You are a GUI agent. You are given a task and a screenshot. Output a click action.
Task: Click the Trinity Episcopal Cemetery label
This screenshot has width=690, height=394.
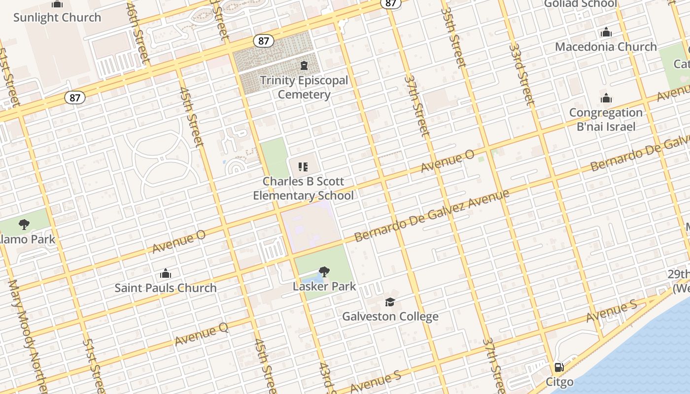(x=304, y=87)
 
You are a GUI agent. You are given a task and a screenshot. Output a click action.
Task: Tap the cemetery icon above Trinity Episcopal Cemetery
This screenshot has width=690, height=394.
(x=304, y=66)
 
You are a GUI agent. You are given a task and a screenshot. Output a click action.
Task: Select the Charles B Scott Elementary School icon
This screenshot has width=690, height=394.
(x=303, y=167)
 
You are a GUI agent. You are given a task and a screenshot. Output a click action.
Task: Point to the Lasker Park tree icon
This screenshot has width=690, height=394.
(x=324, y=271)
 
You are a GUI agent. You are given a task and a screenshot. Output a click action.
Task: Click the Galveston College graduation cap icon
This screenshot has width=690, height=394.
(x=390, y=302)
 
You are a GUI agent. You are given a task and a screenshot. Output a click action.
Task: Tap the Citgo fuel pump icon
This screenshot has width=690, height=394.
(x=559, y=367)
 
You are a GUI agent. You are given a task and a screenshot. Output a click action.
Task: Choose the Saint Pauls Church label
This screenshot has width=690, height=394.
(x=166, y=288)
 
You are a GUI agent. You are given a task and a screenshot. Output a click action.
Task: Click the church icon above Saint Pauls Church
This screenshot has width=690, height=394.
(x=166, y=273)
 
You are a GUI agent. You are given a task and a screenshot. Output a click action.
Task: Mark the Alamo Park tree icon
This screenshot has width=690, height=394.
(x=24, y=225)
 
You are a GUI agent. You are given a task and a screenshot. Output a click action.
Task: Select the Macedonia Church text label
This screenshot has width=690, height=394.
(x=606, y=47)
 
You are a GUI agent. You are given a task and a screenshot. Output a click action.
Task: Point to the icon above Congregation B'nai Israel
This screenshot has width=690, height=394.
(x=606, y=98)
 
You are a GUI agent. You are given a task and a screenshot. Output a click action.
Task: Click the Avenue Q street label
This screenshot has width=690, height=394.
(x=202, y=335)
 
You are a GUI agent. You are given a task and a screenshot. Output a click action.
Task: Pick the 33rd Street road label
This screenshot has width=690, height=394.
(x=521, y=74)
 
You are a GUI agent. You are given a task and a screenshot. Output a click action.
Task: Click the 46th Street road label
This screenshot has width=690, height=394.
(x=138, y=32)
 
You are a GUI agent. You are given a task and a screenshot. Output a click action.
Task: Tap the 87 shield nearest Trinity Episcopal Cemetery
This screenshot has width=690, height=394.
(x=264, y=41)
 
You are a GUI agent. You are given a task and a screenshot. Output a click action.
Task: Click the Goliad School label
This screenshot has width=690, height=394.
(x=580, y=4)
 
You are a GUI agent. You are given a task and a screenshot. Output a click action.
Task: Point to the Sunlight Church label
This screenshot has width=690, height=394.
(x=57, y=17)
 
